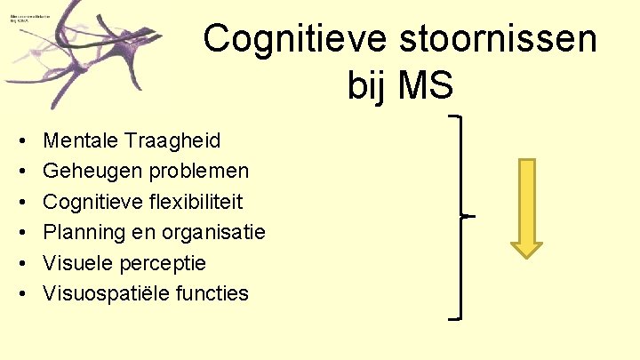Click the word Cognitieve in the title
[x=278, y=39]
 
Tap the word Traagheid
[x=174, y=140]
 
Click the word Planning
[x=81, y=232]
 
